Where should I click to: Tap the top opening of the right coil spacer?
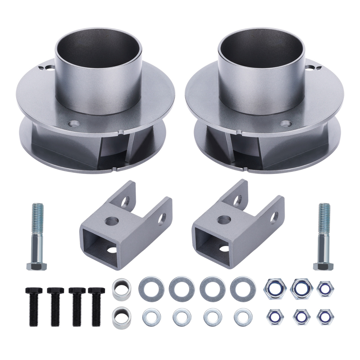261,47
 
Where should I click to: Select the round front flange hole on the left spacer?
75,124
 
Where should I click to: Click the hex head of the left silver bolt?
37,266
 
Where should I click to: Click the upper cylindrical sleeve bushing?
121,288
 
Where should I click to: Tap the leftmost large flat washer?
149,287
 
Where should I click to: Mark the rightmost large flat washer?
240,287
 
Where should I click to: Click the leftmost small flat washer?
149,317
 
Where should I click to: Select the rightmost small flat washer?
240,317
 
